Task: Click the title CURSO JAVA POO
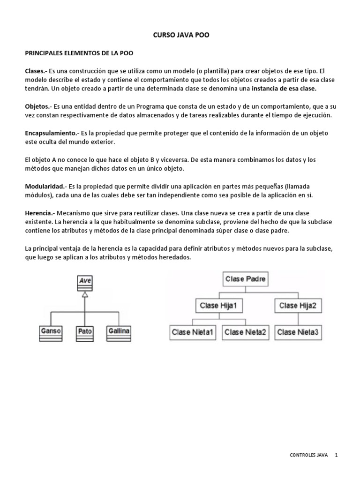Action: click(180, 35)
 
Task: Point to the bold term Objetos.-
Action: click(38, 106)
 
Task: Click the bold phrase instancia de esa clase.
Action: click(284, 88)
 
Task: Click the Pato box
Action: click(85, 332)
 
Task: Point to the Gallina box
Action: click(119, 332)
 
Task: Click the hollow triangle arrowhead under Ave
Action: click(85, 294)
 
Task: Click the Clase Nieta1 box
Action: click(193, 332)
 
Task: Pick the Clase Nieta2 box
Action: click(246, 332)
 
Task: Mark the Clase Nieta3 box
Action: click(298, 332)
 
